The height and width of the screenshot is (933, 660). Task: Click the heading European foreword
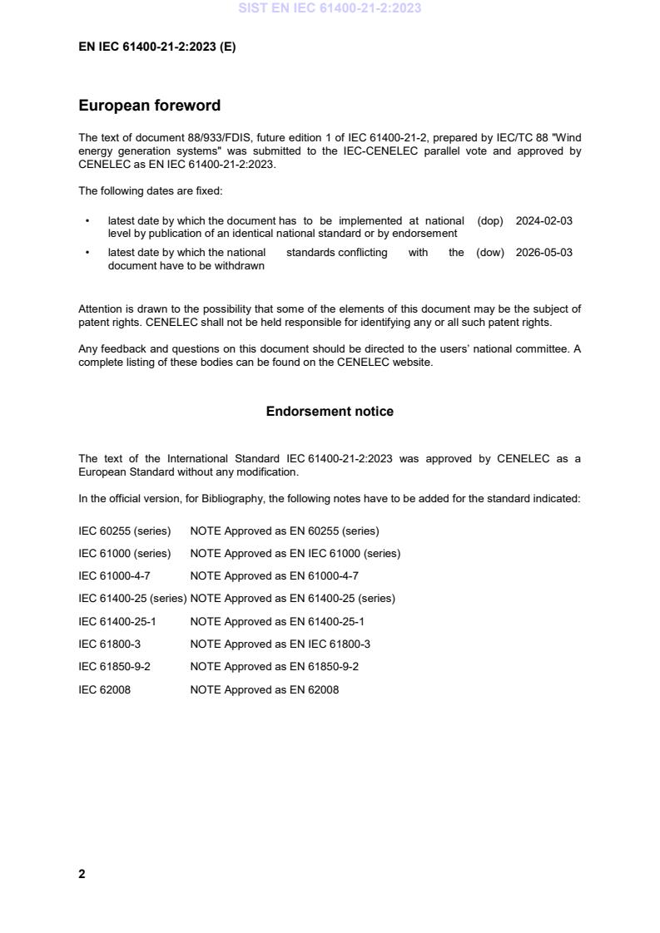point(149,106)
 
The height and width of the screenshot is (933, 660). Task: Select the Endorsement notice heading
point(330,412)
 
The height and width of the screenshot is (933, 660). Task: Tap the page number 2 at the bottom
point(82,874)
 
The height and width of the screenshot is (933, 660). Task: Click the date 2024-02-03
point(543,221)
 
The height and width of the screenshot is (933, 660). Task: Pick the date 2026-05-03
point(543,253)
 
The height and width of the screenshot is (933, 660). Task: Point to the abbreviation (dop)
point(490,221)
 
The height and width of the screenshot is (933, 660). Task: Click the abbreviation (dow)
point(490,253)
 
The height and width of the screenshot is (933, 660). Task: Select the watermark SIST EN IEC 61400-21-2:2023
point(330,8)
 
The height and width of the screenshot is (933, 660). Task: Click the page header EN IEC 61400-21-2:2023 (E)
point(156,47)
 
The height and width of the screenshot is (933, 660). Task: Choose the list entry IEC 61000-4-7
point(114,575)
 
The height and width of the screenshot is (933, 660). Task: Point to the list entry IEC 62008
point(104,689)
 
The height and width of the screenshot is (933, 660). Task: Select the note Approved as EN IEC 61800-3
point(280,644)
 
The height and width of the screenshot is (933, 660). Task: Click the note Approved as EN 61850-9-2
point(274,667)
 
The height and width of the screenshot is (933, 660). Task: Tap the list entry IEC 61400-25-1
point(117,621)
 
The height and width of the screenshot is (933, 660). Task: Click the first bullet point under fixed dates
point(87,221)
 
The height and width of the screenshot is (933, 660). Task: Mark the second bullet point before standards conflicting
point(87,253)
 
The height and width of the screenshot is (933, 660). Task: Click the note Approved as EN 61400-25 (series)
point(292,599)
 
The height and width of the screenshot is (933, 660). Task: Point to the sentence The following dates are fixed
point(150,191)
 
